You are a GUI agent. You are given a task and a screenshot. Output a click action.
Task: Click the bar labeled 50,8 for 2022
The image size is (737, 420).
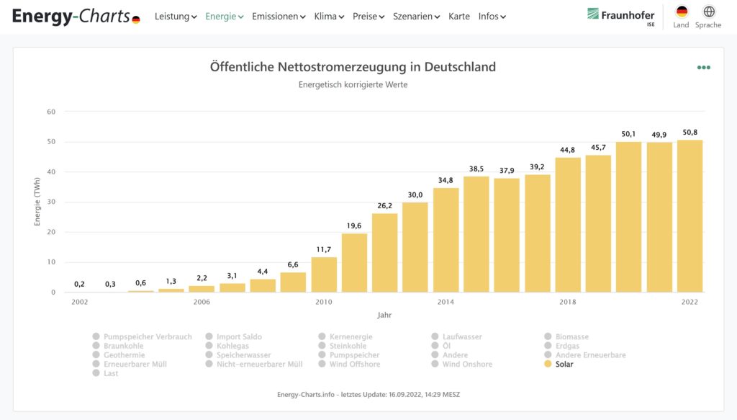tap(689, 216)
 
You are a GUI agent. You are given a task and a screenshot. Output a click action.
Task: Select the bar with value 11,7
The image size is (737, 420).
tap(324, 274)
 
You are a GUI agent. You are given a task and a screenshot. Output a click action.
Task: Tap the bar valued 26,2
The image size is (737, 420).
tap(384, 253)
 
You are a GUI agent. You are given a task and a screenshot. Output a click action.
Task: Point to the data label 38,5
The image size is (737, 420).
tap(476, 169)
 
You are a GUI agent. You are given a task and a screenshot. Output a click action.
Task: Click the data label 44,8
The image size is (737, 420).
tap(567, 150)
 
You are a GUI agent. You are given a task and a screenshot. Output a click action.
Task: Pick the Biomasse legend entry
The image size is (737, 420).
tap(572, 336)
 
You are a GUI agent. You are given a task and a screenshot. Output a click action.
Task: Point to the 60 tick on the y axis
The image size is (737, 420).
tap(51, 112)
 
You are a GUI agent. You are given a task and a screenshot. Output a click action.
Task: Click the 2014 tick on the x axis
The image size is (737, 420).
tap(446, 302)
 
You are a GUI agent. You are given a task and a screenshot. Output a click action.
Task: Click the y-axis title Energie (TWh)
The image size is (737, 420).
tap(37, 203)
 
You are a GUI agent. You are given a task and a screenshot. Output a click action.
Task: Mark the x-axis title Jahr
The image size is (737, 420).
tap(384, 315)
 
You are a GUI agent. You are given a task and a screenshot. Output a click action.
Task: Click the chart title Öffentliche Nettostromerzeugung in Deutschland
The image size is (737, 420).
tap(353, 67)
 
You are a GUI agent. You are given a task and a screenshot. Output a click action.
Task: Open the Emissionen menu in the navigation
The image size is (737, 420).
tap(279, 17)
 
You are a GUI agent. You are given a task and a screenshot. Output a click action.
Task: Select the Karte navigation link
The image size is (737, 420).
tap(458, 17)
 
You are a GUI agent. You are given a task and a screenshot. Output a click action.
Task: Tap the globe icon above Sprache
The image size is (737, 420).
tap(709, 12)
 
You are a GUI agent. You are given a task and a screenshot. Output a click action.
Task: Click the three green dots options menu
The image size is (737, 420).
tap(703, 68)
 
